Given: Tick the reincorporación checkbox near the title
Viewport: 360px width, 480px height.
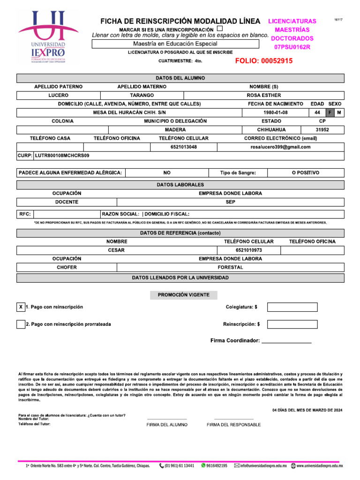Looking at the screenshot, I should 226,29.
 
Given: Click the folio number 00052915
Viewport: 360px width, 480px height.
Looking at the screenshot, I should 264,61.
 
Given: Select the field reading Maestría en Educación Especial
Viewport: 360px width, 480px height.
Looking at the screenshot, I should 175,44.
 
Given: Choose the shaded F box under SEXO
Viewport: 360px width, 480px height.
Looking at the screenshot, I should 330,112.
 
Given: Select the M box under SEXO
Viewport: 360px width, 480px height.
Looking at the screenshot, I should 339,112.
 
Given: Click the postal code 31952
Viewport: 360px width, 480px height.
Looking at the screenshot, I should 322,130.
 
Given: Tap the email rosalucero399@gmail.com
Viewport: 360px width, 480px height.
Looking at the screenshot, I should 280,147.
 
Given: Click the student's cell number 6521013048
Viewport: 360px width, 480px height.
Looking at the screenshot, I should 183,147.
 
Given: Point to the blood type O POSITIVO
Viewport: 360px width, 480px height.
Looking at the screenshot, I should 305,172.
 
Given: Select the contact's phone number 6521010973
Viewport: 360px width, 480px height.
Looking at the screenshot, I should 249,250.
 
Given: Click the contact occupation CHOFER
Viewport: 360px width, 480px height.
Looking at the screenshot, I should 67,267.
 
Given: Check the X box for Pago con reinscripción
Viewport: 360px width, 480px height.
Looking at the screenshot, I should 21,307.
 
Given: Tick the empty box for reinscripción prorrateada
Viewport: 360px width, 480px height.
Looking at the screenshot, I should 21,324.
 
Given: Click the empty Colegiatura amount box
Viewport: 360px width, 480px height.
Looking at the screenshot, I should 292,307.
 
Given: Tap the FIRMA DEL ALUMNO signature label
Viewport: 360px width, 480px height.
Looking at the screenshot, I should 166,425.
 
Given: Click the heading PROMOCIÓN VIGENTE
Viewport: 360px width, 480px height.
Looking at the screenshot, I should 184,295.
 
